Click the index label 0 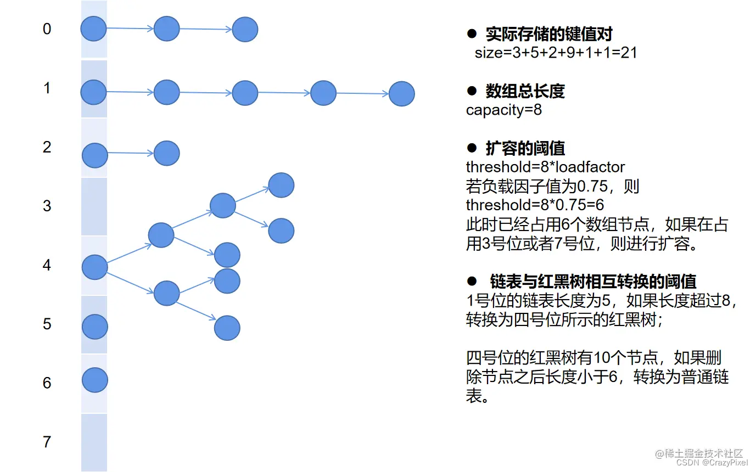(x=47, y=29)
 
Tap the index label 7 (x=47, y=441)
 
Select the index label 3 (x=47, y=206)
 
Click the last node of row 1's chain (x=401, y=94)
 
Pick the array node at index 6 (x=94, y=380)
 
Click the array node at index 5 (x=94, y=327)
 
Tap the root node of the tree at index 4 (x=94, y=267)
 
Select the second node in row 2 (x=166, y=153)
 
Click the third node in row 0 (x=245, y=29)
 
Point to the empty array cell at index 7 (x=94, y=442)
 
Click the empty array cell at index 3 (x=94, y=207)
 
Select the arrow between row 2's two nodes (x=131, y=153)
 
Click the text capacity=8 (x=503, y=110)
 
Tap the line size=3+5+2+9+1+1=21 (x=556, y=53)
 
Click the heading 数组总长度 (x=525, y=91)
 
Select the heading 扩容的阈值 (x=525, y=148)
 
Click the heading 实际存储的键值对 (x=548, y=34)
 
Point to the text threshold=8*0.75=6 (x=535, y=205)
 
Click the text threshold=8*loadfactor (x=545, y=166)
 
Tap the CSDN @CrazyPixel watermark (x=712, y=463)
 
